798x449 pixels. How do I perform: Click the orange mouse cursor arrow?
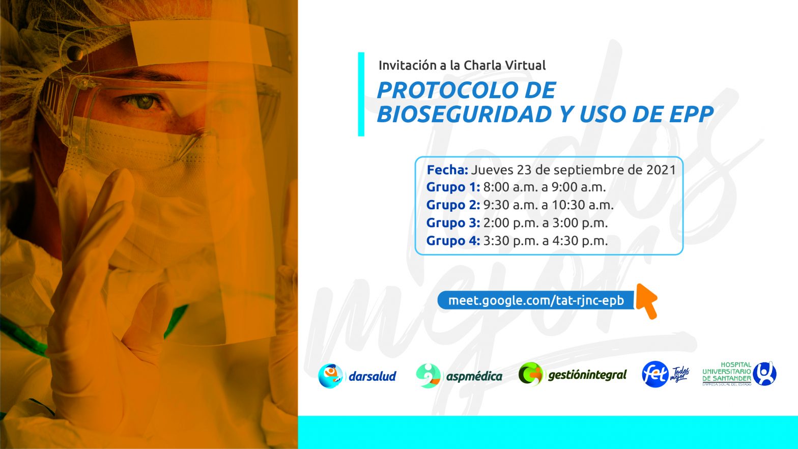[646, 301]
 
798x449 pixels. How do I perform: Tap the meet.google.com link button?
[536, 300]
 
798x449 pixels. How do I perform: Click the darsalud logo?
[357, 376]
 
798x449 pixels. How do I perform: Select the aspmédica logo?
[459, 376]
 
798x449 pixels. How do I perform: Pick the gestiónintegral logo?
[573, 375]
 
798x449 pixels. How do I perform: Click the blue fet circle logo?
[655, 374]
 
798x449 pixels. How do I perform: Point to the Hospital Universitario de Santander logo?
[739, 374]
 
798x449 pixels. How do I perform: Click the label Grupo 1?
[453, 187]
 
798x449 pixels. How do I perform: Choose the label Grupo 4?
[453, 241]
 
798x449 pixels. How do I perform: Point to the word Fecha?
[447, 170]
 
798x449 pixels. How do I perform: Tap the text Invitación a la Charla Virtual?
[462, 66]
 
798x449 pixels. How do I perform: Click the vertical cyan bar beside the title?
[361, 94]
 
